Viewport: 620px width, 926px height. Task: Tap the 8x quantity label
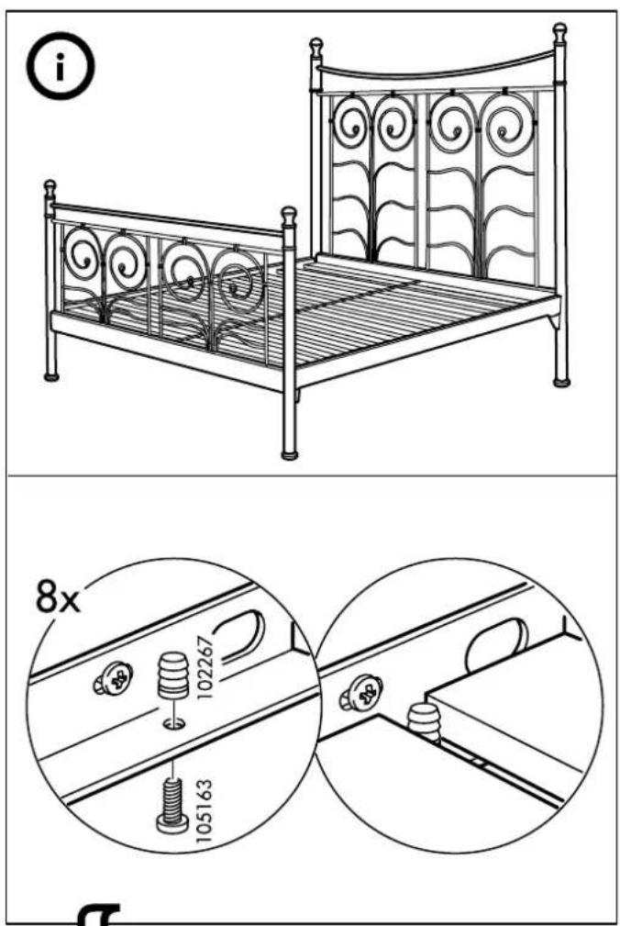tap(57, 597)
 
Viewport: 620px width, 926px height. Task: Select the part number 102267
tap(204, 667)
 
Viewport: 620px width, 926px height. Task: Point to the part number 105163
tap(204, 811)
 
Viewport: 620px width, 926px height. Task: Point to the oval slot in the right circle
tap(497, 646)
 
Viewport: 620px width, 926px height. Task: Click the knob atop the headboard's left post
tap(316, 46)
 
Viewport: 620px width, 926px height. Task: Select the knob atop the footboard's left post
tap(50, 188)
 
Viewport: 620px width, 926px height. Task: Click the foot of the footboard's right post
tap(289, 454)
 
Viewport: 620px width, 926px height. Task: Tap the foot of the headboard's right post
tap(561, 382)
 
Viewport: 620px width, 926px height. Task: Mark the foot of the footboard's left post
tap(51, 375)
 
